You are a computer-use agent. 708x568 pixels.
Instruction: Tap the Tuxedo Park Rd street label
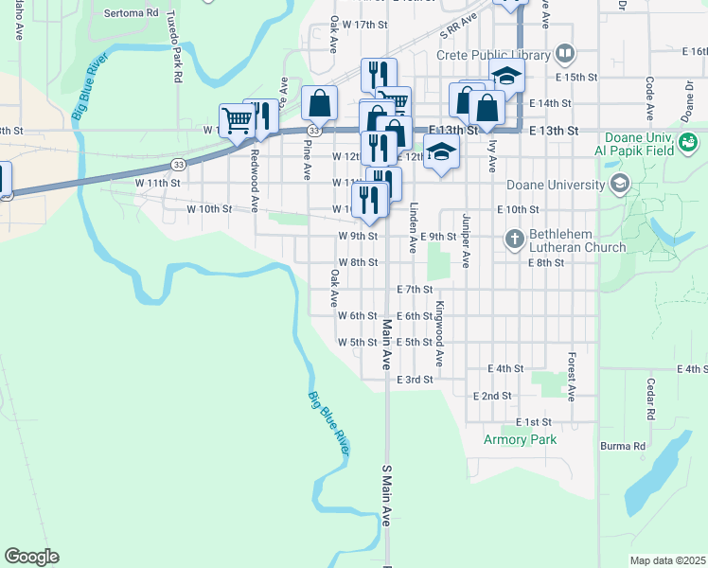pos(175,48)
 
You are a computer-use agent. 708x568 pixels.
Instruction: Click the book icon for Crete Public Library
pos(565,54)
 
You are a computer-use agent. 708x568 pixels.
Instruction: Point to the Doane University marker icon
pos(620,185)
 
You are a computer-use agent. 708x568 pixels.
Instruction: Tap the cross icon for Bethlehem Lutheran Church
pos(515,238)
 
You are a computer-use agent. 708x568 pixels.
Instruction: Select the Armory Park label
pos(520,439)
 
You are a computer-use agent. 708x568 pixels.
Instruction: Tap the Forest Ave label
pos(572,375)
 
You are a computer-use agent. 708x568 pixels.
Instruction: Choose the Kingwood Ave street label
pos(439,334)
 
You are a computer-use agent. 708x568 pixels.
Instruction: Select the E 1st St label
pos(534,421)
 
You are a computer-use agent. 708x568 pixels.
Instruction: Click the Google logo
pos(31,557)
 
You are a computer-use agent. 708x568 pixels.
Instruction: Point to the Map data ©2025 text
pos(667,560)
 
